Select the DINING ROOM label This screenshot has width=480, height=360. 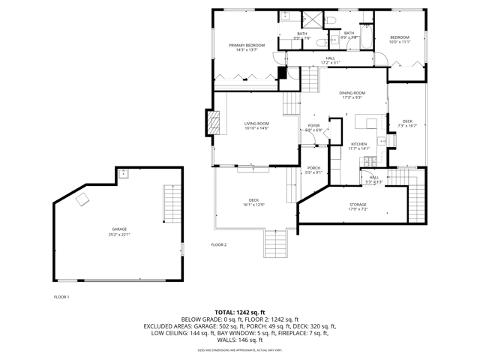pyautogui.click(x=352, y=93)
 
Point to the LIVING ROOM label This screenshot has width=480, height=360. pyautogui.click(x=256, y=124)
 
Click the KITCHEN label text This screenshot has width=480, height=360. pyautogui.click(x=359, y=144)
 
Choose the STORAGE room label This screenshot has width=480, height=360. pyautogui.click(x=358, y=204)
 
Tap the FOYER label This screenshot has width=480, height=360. pyautogui.click(x=313, y=125)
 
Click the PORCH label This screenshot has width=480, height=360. pyautogui.click(x=313, y=169)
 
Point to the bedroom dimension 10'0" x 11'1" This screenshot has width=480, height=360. pyautogui.click(x=399, y=42)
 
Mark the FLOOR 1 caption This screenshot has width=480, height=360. pyautogui.click(x=61, y=297)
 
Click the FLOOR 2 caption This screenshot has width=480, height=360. pyautogui.click(x=218, y=244)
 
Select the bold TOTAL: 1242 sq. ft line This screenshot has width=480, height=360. pyautogui.click(x=240, y=311)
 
